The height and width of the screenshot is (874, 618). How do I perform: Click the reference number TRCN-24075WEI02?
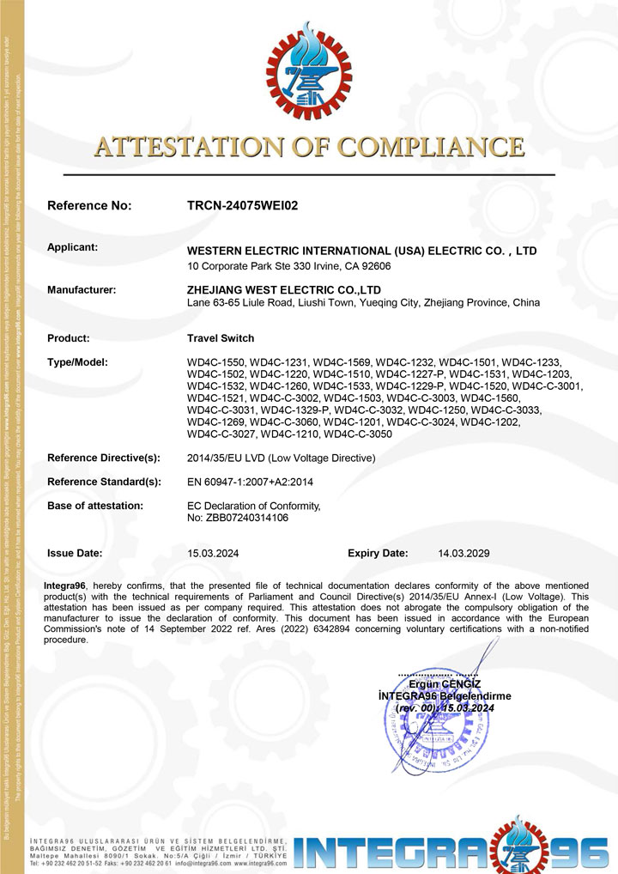[242, 206]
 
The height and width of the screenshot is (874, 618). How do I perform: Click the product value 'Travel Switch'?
[221, 338]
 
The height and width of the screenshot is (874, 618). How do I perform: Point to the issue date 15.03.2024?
[213, 554]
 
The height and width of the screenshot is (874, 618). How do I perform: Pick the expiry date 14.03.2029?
[463, 554]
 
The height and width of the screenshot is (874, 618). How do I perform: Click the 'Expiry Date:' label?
[378, 554]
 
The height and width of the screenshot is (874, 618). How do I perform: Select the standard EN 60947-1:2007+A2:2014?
[250, 482]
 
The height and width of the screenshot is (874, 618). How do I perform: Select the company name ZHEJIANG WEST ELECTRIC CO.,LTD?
[284, 290]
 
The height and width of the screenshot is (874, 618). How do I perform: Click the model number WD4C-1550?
[215, 362]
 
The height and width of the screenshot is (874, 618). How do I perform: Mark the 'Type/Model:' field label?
[77, 362]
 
